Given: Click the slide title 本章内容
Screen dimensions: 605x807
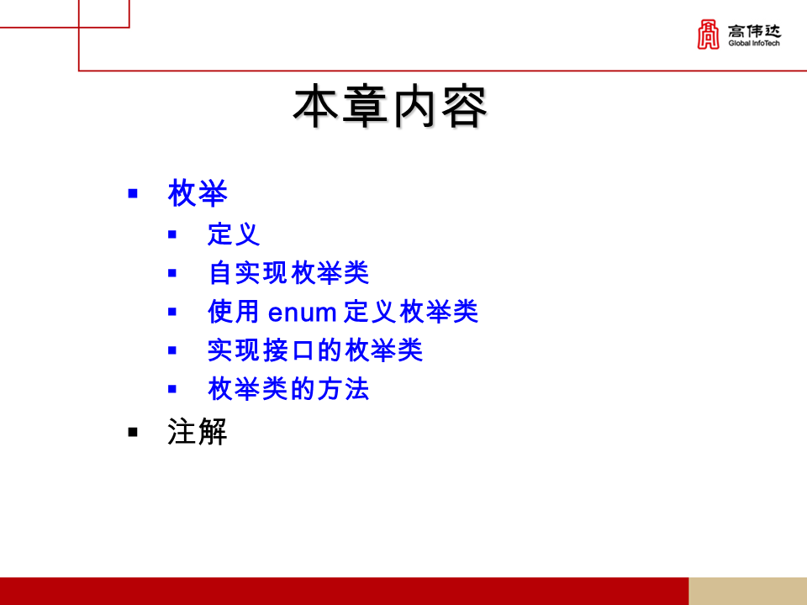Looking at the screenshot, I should pyautogui.click(x=390, y=107).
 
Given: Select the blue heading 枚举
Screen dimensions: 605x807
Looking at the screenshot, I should pyautogui.click(x=198, y=194).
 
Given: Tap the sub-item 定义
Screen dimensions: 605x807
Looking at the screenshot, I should pyautogui.click(x=234, y=234).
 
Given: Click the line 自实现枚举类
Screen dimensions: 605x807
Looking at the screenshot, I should pyautogui.click(x=288, y=273).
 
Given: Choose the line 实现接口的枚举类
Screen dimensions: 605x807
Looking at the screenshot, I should pyautogui.click(x=315, y=350).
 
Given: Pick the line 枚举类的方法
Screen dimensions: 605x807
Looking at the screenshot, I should pyautogui.click(x=288, y=389).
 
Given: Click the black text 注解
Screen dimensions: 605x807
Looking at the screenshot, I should pyautogui.click(x=198, y=433).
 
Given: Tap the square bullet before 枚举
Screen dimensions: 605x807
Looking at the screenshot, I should pyautogui.click(x=133, y=194).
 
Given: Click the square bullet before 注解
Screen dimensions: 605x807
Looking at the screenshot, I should pyautogui.click(x=133, y=432).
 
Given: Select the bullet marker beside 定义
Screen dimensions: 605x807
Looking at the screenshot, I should pyautogui.click(x=172, y=234).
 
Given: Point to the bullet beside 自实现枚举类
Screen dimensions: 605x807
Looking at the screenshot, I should pyautogui.click(x=172, y=273).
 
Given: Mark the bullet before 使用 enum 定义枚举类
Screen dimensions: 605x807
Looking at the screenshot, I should pyautogui.click(x=172, y=312).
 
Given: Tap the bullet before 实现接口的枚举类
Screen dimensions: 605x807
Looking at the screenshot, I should pyautogui.click(x=172, y=350).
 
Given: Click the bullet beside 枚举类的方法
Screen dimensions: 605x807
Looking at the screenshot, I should pyautogui.click(x=172, y=389).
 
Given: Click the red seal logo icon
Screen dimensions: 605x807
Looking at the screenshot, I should pyautogui.click(x=709, y=34).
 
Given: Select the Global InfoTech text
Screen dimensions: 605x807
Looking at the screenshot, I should pyautogui.click(x=754, y=44).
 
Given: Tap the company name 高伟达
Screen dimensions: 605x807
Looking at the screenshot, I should pyautogui.click(x=754, y=30).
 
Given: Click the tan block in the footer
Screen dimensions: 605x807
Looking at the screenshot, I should pyautogui.click(x=747, y=591).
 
